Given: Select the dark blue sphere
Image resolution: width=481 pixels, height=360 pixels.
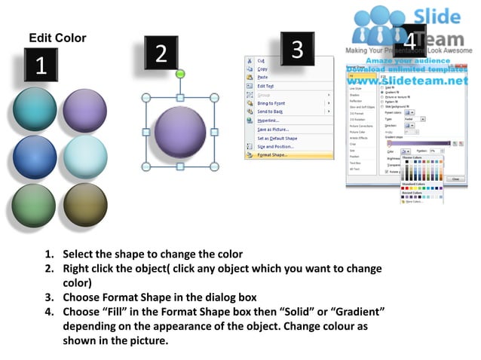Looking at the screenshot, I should (x=35, y=157).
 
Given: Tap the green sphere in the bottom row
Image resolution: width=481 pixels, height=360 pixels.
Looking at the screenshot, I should (x=35, y=206).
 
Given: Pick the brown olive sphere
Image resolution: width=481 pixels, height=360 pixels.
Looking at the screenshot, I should (x=84, y=206).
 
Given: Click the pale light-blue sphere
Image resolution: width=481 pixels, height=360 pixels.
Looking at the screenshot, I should (x=84, y=157).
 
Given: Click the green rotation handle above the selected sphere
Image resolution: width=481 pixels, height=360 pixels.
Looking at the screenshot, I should (x=179, y=74).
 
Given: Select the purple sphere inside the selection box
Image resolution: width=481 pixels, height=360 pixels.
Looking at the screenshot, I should (x=179, y=132).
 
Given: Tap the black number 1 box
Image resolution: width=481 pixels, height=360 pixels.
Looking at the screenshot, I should (x=41, y=66).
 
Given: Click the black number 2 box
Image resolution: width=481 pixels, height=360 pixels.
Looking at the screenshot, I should (x=161, y=53).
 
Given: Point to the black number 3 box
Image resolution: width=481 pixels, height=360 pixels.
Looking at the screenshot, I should (x=298, y=49).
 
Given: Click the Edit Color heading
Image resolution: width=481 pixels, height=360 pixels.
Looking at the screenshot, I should (x=57, y=38).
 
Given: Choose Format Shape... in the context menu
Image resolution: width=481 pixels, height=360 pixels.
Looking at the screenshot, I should (x=273, y=155).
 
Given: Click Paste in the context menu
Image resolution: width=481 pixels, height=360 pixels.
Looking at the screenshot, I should (x=262, y=77).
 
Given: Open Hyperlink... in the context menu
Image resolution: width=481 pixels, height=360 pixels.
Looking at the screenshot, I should (x=269, y=121).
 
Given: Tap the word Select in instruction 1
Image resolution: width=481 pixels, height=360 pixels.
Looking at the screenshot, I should (x=78, y=255).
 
